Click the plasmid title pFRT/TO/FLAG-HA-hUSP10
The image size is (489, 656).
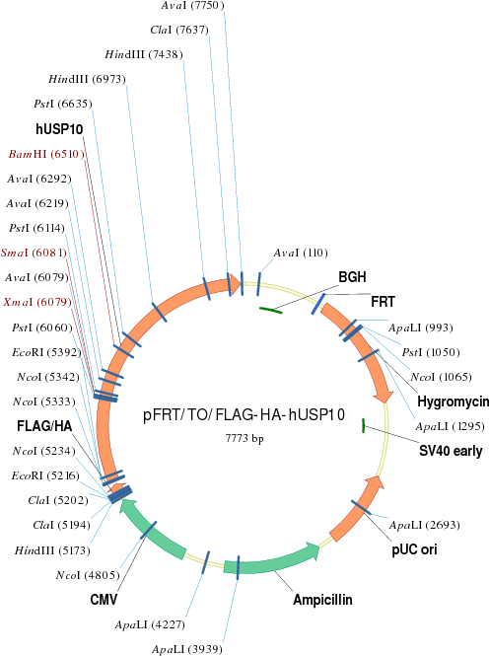244,414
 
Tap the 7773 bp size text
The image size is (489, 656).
244,438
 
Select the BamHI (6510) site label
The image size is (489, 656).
46,154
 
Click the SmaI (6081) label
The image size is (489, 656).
34,253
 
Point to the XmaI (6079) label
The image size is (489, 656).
37,302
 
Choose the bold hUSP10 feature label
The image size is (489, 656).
59,129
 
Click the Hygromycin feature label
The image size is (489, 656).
454,401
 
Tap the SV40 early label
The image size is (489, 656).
451,451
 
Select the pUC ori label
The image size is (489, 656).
414,549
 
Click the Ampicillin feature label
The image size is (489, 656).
322,600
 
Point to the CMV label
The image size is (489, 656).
104,600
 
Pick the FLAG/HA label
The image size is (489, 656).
44,426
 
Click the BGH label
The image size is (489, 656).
352,277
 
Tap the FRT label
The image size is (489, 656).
383,302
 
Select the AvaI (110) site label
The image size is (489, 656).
301,253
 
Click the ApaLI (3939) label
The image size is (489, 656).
186,649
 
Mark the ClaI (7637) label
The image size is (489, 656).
179,30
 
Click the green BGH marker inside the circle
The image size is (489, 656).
271,310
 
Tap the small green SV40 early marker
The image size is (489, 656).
364,425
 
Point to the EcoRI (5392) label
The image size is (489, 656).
46,352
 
